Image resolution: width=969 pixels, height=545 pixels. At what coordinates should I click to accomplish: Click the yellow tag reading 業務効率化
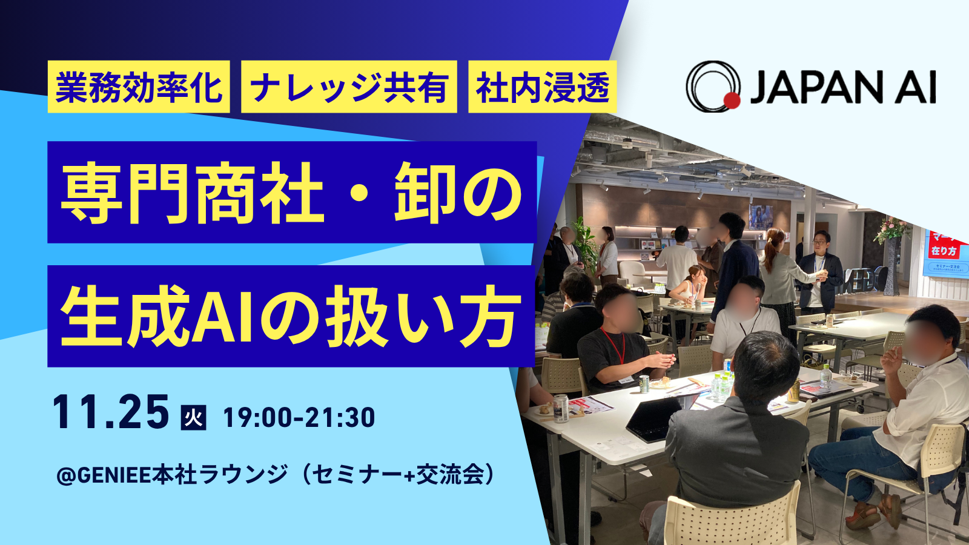[x=139, y=87]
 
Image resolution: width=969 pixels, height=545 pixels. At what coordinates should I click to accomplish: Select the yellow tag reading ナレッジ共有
[x=349, y=87]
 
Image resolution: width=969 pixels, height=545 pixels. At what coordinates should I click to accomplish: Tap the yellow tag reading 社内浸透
[x=543, y=87]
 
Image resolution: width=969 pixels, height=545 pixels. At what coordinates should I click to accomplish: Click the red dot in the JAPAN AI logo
[x=732, y=101]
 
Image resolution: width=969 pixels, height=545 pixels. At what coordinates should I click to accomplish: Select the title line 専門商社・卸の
[x=292, y=192]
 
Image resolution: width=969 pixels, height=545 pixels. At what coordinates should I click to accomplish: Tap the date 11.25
[x=111, y=412]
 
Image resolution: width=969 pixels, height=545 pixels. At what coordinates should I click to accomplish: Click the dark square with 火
[x=193, y=417]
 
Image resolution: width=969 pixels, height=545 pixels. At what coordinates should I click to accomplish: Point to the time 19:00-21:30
[x=299, y=418]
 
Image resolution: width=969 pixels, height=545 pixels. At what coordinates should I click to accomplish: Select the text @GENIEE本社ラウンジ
[x=172, y=475]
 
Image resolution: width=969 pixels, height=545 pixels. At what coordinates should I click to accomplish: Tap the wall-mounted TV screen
[x=761, y=217]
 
